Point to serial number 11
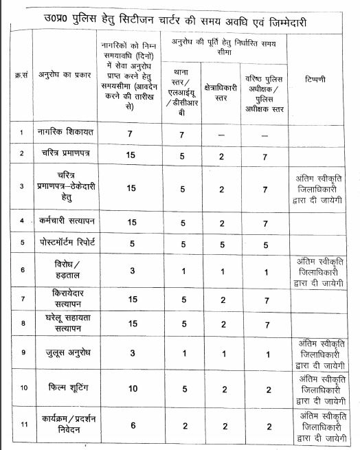(23, 425)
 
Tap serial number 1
(23, 132)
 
